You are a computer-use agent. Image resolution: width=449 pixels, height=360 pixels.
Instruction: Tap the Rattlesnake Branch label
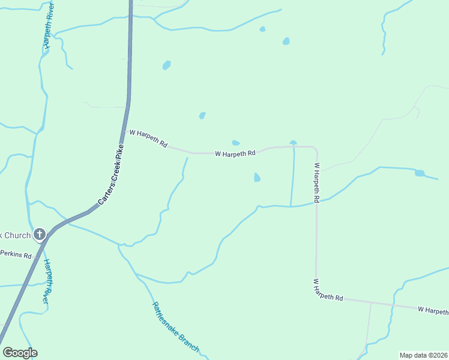point(175,327)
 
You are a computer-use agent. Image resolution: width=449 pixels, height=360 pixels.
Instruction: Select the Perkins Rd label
point(16,254)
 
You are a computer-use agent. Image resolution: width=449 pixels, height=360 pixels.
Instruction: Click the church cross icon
point(40,233)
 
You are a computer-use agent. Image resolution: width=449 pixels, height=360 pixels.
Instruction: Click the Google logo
point(20,353)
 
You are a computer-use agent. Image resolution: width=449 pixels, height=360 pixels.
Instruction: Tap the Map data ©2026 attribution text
point(423,355)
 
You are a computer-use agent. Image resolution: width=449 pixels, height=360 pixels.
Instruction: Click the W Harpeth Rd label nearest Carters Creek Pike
point(148,140)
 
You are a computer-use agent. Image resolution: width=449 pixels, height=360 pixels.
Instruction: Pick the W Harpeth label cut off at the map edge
point(433,310)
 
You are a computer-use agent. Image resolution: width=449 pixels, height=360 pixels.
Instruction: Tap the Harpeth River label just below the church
point(44,280)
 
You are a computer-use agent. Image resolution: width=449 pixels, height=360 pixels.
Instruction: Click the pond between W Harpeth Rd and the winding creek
point(257,178)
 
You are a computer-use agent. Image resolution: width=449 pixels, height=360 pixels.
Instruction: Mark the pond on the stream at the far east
point(420,173)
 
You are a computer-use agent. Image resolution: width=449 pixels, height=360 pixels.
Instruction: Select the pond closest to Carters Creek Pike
point(166,65)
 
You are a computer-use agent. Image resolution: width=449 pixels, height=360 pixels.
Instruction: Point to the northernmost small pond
point(262,29)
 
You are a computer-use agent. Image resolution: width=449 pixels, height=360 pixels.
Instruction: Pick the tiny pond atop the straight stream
point(293,143)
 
